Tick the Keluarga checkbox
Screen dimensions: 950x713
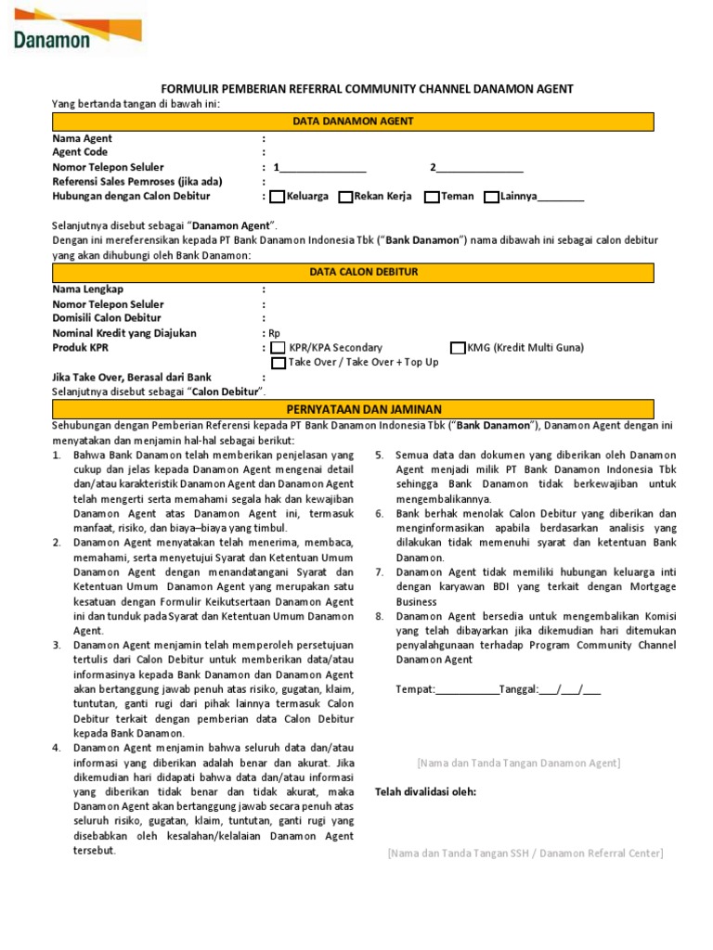coord(278,197)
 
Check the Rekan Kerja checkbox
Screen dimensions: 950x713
coord(345,197)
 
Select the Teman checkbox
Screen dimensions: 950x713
coord(432,197)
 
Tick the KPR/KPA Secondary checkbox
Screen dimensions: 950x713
coord(279,348)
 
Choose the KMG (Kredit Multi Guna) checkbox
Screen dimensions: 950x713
coord(458,348)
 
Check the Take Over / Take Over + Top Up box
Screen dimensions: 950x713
coord(279,363)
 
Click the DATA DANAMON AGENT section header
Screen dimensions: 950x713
coord(353,122)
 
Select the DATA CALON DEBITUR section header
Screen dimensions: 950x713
coord(353,272)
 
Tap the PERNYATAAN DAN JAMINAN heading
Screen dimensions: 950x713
coord(353,409)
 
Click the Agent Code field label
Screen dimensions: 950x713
coord(80,152)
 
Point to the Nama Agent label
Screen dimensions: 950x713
coord(83,138)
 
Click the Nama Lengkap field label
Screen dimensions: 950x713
coord(88,289)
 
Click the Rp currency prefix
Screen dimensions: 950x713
coord(274,333)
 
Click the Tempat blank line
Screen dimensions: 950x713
coord(466,690)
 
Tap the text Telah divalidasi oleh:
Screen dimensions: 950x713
coord(425,791)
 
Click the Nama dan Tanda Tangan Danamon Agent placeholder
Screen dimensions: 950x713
coord(519,763)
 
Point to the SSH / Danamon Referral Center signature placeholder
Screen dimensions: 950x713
coord(525,853)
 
